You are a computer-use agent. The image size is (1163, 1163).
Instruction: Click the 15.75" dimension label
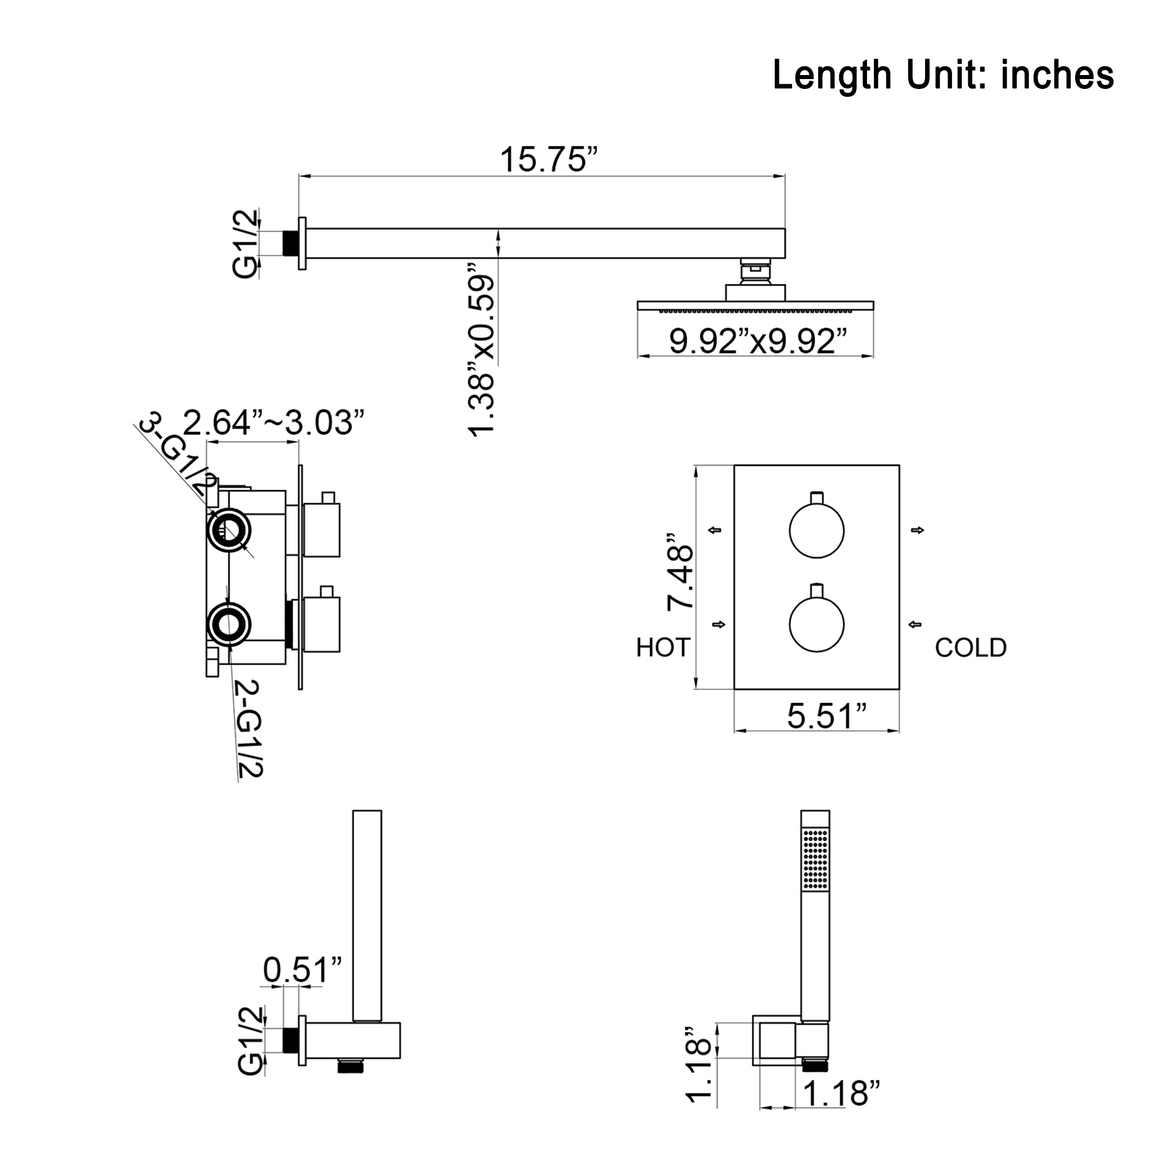click(549, 159)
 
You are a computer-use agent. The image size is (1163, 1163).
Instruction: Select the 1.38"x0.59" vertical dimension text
click(481, 356)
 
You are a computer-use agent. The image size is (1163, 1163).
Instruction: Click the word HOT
click(663, 648)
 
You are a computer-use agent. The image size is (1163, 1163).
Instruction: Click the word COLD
click(971, 648)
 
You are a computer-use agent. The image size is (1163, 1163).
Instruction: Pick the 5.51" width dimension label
click(827, 716)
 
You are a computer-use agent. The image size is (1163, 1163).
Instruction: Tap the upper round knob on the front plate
click(816, 530)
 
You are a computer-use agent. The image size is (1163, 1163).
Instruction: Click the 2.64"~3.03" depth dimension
click(274, 423)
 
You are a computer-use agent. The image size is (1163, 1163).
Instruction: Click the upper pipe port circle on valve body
click(228, 530)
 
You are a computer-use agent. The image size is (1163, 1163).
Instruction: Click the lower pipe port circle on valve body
click(228, 624)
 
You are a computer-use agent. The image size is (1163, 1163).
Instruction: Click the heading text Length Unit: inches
click(943, 75)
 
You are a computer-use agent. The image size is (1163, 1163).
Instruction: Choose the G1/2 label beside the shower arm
click(245, 244)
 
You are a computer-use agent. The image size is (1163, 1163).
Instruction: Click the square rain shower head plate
click(755, 306)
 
